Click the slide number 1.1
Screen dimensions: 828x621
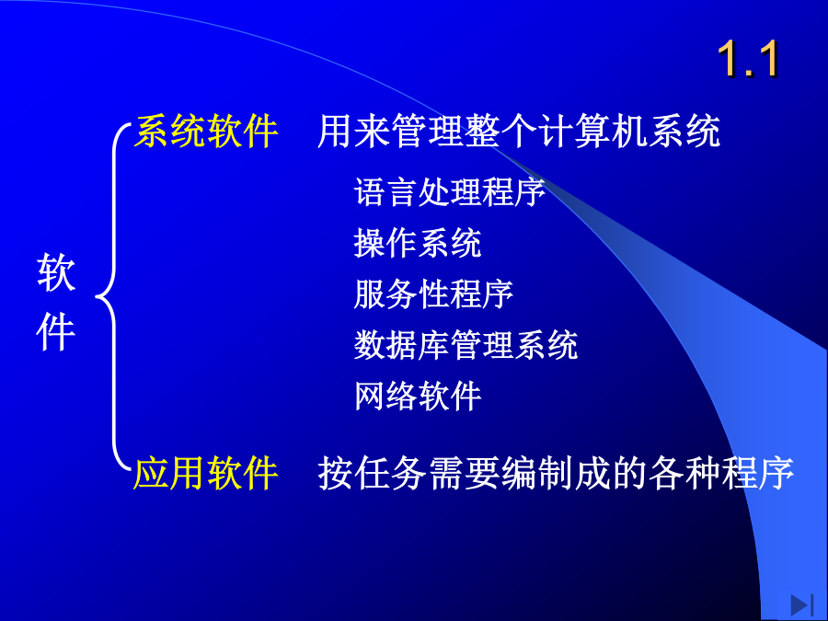748,59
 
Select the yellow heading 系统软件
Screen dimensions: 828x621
206,131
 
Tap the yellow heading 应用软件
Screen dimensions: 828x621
205,473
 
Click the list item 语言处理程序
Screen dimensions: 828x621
449,191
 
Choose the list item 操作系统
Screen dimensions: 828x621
418,243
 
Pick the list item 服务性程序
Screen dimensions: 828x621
433,294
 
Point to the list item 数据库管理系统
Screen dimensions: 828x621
466,345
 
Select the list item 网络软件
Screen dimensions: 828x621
418,396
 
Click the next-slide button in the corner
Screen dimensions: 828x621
801,604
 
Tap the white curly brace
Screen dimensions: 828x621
114,295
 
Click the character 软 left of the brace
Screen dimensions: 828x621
56,272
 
